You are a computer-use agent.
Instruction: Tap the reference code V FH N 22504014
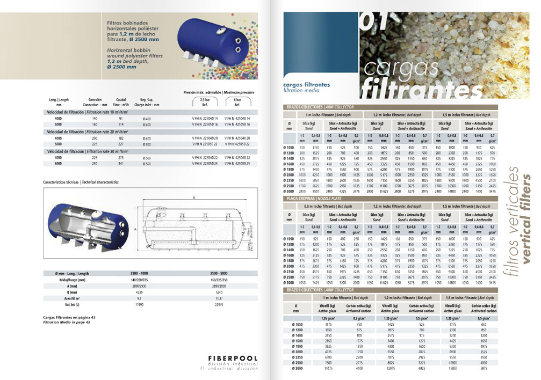coord(206,118)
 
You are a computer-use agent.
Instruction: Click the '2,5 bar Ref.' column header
coord(205,102)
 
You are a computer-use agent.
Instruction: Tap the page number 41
coord(201,368)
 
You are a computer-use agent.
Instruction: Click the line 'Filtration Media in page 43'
coord(69,321)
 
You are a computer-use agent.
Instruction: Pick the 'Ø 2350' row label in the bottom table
coord(297,357)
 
